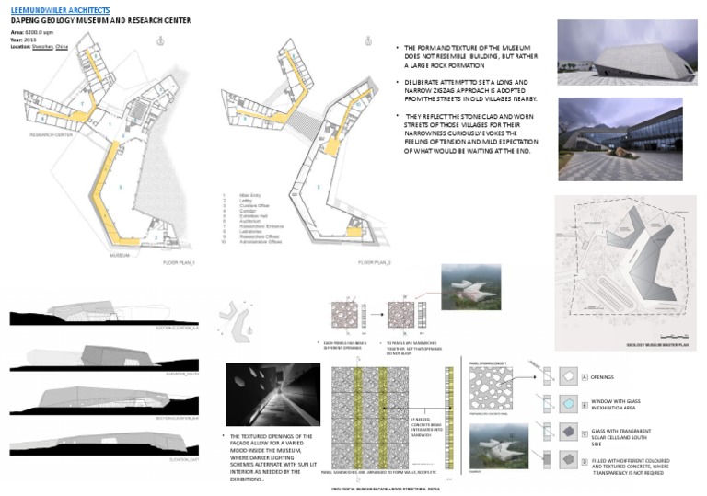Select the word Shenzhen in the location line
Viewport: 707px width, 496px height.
pyautogui.click(x=44, y=45)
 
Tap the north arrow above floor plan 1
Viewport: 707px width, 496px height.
pyautogui.click(x=162, y=40)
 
